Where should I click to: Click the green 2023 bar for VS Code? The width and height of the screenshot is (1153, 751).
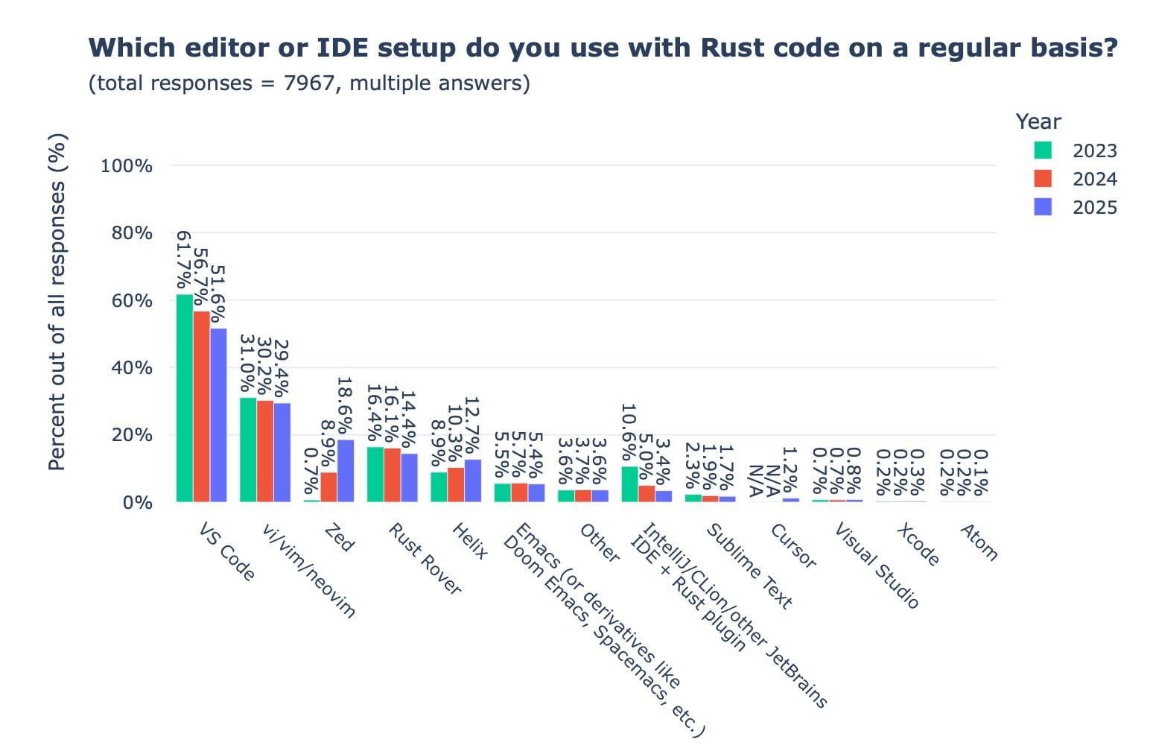pyautogui.click(x=184, y=398)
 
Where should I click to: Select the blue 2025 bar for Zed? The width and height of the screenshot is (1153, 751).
pyautogui.click(x=345, y=471)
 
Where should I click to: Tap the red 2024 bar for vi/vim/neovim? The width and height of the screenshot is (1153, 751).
pyautogui.click(x=265, y=451)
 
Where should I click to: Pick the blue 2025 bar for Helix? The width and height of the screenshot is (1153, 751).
pyautogui.click(x=472, y=481)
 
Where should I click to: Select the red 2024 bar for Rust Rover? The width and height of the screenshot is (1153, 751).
pyautogui.click(x=392, y=475)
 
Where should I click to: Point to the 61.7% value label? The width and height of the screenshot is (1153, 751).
pyautogui.click(x=183, y=260)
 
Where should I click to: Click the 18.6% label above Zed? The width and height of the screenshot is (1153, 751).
pyautogui.click(x=344, y=406)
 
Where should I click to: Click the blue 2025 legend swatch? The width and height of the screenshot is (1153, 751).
pyautogui.click(x=1043, y=207)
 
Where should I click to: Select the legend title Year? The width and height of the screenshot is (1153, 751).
pyautogui.click(x=1038, y=122)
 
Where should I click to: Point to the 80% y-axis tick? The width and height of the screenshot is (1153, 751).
pyautogui.click(x=132, y=233)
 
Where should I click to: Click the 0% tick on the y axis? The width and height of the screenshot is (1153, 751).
pyautogui.click(x=137, y=503)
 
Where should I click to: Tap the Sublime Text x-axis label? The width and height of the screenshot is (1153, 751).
pyautogui.click(x=749, y=565)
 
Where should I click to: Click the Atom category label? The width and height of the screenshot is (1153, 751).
pyautogui.click(x=979, y=542)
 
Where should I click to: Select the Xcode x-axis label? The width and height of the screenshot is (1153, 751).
pyautogui.click(x=918, y=544)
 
